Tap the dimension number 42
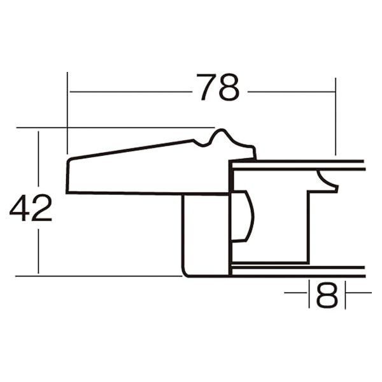coord(31,208)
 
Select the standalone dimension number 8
coord(327,295)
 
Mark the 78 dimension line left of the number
coord(127,92)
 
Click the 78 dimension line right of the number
coord(290,92)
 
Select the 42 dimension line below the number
coord(39,251)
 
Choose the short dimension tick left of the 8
coord(297,293)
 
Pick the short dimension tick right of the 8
coord(358,293)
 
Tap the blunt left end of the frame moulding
coord(68,175)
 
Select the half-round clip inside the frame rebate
coord(243,217)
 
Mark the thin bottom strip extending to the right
coord(299,271)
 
